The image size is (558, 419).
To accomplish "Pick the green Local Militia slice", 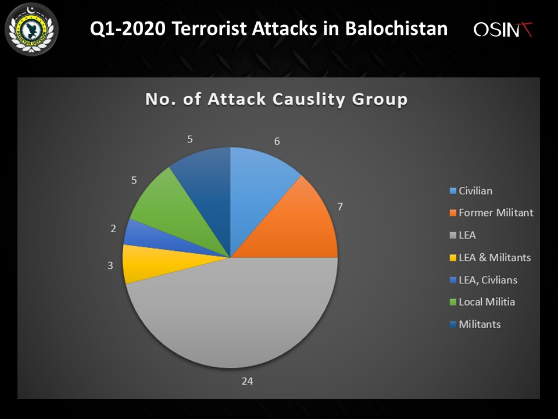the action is (174, 210).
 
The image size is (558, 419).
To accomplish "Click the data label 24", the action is (248, 381).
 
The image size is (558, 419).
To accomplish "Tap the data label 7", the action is (340, 207).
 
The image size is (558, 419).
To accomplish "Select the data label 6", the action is (277, 141).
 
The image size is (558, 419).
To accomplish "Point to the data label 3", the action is (110, 265).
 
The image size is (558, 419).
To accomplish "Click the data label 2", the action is (113, 228).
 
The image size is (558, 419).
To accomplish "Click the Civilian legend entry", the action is (471, 191).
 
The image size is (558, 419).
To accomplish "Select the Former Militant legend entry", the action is (492, 213).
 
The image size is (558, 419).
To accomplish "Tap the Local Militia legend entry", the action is (482, 302).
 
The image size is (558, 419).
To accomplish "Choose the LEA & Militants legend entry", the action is (491, 258).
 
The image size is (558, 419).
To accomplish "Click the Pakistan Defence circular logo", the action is (31, 29).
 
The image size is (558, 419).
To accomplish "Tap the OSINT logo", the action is (503, 30).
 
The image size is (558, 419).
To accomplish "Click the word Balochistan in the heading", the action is (396, 29).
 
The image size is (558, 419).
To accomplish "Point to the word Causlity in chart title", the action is (309, 99).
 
